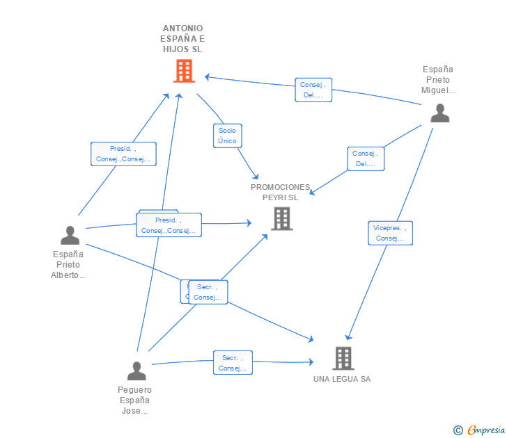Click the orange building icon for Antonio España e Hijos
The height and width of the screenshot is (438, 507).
(x=184, y=71)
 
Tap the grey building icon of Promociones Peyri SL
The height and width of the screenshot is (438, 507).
(x=281, y=219)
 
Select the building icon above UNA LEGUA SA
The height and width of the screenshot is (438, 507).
(x=343, y=358)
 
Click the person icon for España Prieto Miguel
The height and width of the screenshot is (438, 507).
(x=439, y=113)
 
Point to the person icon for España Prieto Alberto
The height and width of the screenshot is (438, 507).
(x=70, y=236)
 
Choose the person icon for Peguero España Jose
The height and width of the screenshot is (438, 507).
(x=136, y=371)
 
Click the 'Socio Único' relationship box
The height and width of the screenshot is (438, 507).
(x=227, y=136)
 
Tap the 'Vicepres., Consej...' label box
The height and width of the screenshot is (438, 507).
(x=390, y=233)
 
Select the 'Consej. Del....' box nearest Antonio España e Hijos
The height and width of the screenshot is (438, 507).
(x=313, y=90)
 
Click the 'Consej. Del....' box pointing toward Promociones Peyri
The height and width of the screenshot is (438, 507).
(x=366, y=159)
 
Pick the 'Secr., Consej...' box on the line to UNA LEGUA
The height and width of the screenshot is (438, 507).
(x=233, y=363)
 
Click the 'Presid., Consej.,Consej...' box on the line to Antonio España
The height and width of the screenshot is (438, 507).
(x=123, y=154)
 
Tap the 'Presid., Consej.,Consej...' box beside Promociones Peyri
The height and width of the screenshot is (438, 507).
(x=169, y=225)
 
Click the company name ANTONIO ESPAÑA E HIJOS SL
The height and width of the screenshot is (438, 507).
(x=183, y=39)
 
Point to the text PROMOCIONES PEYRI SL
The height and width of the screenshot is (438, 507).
(x=280, y=192)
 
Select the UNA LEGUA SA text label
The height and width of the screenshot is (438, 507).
(x=342, y=379)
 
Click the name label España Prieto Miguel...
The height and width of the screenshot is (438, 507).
(x=438, y=79)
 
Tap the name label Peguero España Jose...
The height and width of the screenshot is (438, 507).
(x=134, y=400)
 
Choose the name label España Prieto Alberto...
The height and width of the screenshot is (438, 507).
(x=68, y=264)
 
